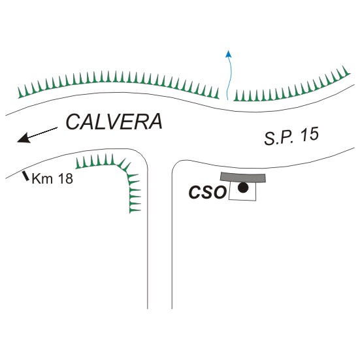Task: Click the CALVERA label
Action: [x=114, y=122]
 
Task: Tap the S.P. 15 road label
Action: [x=291, y=137]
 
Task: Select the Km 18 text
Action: [x=52, y=178]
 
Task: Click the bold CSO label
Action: [x=208, y=192]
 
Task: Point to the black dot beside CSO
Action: [x=243, y=188]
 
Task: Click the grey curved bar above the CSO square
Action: [x=243, y=178]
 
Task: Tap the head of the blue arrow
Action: [x=229, y=54]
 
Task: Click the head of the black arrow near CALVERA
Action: [x=24, y=138]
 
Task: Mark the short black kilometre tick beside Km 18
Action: [x=25, y=176]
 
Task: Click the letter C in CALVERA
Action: [x=73, y=122]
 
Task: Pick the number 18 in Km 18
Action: [x=65, y=178]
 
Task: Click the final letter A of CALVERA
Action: [x=155, y=122]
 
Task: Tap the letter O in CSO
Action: [x=220, y=192]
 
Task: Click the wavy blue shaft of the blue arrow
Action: [x=229, y=78]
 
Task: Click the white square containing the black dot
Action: [x=242, y=191]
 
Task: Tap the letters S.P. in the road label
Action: [x=279, y=139]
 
